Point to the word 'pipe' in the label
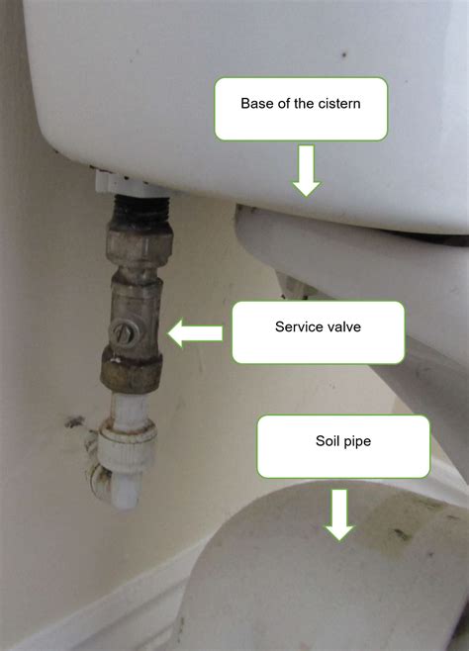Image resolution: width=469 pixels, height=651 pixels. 356,442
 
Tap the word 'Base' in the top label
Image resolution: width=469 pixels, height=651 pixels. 257,102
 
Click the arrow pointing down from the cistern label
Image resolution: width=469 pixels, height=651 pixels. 307,170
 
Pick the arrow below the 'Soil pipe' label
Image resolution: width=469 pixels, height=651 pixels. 339,515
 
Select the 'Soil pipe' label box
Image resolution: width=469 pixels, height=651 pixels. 343,446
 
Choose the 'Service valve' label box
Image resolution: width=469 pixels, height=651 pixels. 318,332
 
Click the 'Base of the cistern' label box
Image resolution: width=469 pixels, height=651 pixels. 301,108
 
